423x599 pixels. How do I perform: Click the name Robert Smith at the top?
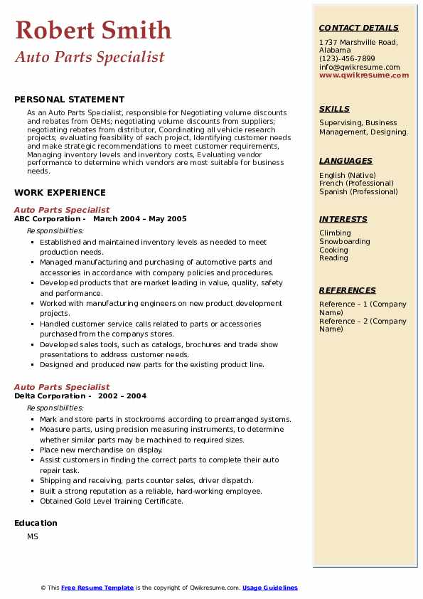(x=93, y=30)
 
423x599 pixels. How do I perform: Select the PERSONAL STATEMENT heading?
(x=69, y=100)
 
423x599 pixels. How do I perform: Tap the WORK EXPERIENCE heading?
(x=60, y=192)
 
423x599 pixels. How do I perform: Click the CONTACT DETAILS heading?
(x=358, y=28)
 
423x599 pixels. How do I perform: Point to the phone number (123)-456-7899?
(x=347, y=59)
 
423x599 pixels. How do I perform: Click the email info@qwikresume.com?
(x=359, y=67)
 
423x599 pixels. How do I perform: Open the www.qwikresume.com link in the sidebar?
(x=364, y=75)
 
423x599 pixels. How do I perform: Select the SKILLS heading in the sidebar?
(x=334, y=109)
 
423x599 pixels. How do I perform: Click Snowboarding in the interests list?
(x=345, y=241)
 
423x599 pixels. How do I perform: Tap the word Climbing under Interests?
(x=335, y=233)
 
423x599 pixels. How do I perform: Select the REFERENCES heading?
(x=348, y=290)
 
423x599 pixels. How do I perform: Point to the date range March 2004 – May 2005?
(x=139, y=219)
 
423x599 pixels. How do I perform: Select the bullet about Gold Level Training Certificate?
(x=112, y=501)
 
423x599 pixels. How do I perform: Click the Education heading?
(x=36, y=523)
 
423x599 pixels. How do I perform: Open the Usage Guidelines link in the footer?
(x=269, y=588)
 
